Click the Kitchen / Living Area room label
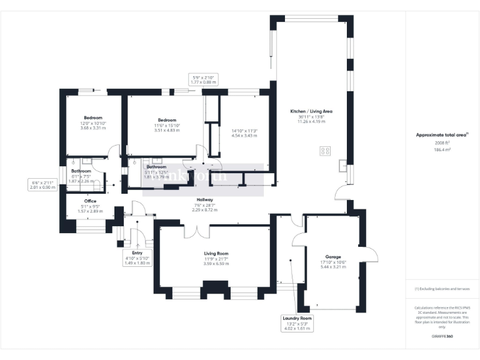311,111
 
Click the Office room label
90,201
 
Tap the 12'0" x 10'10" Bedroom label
93,117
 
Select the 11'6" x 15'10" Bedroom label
167,120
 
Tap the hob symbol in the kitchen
326,151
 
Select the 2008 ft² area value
442,143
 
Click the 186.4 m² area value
442,150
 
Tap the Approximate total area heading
442,134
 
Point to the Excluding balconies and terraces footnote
442,289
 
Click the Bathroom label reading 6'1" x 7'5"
81,171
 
